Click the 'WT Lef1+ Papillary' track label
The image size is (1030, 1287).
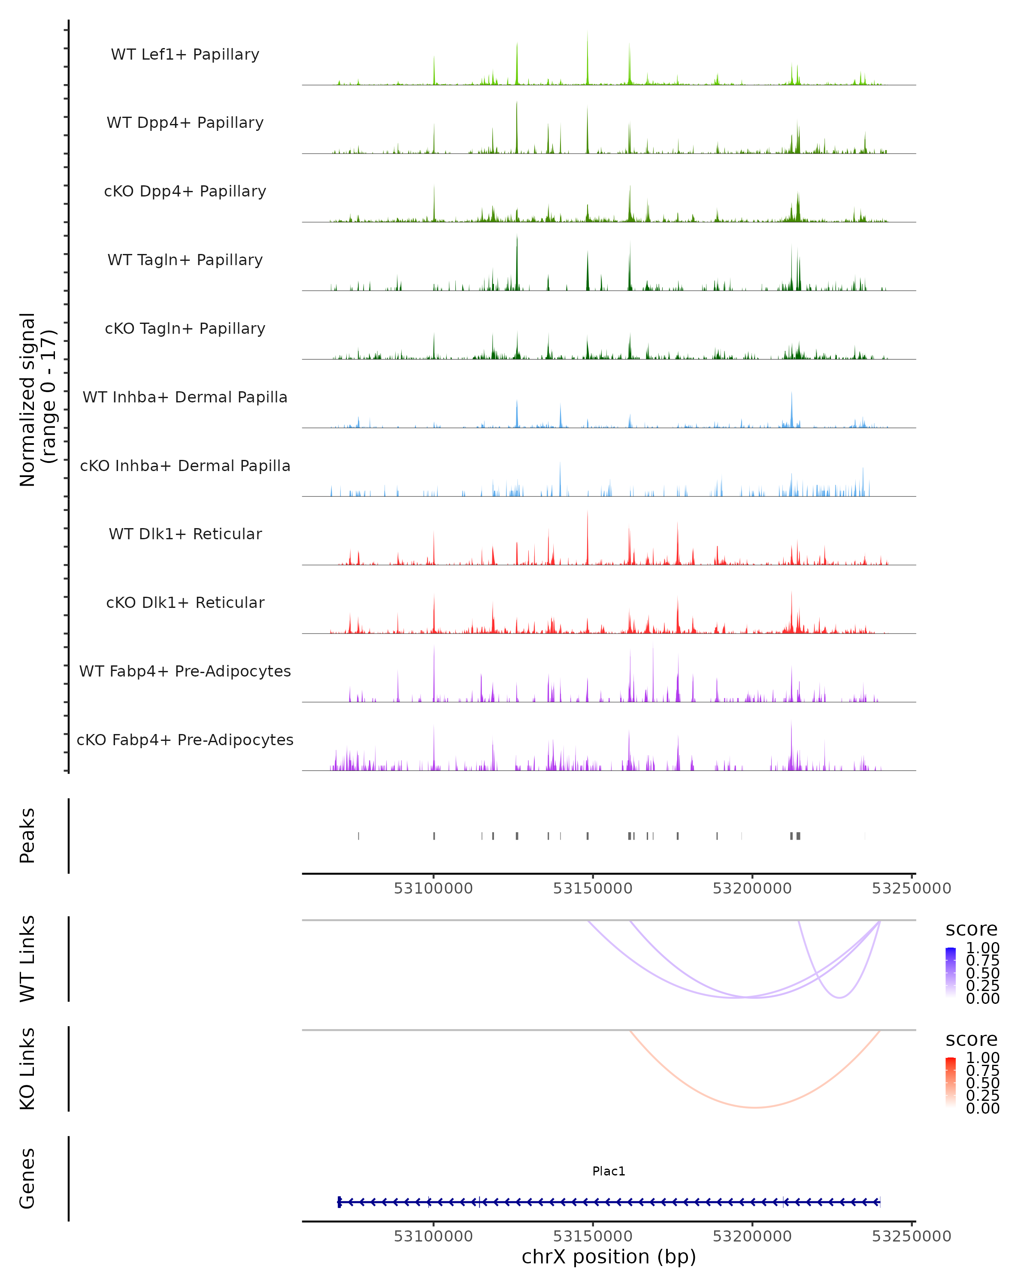click(185, 54)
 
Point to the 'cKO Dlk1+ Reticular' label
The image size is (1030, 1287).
click(185, 602)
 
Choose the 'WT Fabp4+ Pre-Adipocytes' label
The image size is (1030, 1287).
click(185, 671)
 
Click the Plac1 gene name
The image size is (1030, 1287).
click(609, 1171)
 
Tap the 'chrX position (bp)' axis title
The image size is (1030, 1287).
click(609, 1257)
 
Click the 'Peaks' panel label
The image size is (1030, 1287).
click(27, 835)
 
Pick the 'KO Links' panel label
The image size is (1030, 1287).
click(27, 1069)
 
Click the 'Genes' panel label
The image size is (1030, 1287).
click(27, 1178)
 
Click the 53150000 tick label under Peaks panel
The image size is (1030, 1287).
click(592, 888)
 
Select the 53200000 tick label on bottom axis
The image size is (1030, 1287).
click(752, 1236)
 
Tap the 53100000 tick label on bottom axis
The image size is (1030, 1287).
click(433, 1236)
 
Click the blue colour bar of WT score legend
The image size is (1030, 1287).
click(951, 973)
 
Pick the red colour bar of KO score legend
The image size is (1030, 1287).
click(951, 1083)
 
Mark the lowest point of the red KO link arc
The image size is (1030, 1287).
click(755, 1108)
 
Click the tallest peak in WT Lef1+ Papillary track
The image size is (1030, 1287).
click(587, 33)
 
